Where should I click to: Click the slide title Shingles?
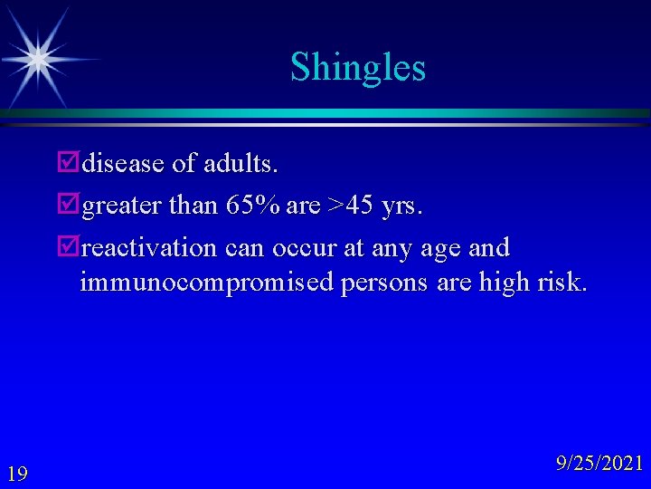coord(357,67)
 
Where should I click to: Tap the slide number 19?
coord(17,473)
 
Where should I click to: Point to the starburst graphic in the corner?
coord(37,57)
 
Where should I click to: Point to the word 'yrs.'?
coord(401,206)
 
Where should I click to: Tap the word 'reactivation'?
coord(149,247)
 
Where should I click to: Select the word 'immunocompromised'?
coord(207,283)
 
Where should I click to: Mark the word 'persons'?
coord(386,283)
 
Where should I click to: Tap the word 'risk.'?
coord(562,283)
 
